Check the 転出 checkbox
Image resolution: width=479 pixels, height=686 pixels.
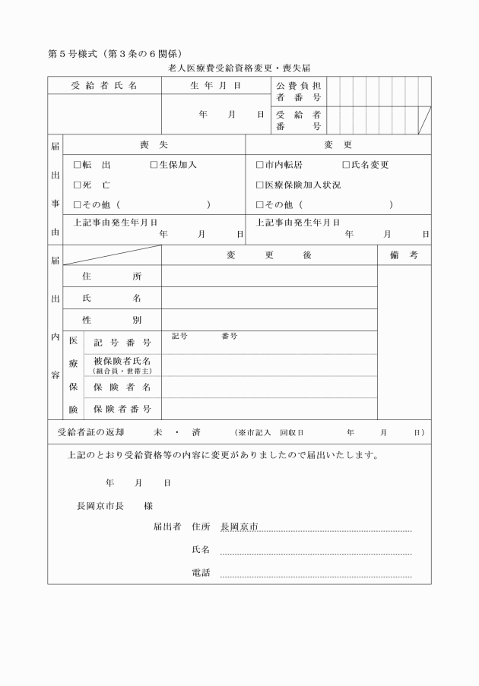[x=77, y=165]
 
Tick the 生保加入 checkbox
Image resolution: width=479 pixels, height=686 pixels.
[x=154, y=165]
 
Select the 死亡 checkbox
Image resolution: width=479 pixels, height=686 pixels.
[x=77, y=185]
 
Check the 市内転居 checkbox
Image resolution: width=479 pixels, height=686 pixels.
[x=260, y=165]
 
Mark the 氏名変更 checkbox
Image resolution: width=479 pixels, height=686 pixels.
[x=346, y=165]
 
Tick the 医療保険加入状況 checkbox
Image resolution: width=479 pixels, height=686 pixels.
[x=260, y=185]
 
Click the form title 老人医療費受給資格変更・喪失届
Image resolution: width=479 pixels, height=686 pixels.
[x=239, y=68]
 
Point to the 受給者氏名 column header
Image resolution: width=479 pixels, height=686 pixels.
[x=104, y=86]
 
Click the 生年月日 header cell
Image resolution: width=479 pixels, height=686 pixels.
[x=215, y=86]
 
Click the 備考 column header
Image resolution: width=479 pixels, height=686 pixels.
[x=404, y=256]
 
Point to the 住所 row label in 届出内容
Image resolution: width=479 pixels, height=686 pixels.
[x=112, y=277]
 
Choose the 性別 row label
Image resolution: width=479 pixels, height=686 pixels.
[x=112, y=321]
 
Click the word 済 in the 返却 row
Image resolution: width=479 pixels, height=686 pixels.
[x=196, y=432]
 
